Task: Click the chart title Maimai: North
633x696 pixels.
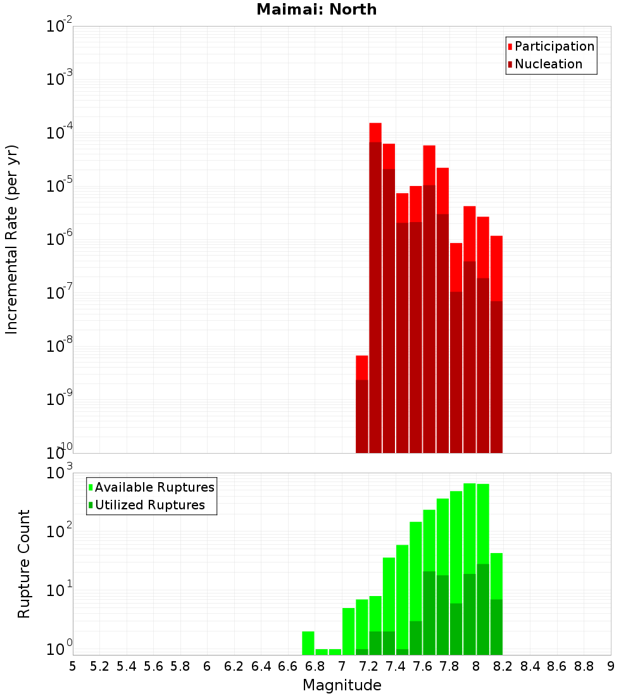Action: [x=316, y=9]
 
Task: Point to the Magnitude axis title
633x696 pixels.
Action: [x=342, y=685]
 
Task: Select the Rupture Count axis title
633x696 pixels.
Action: [x=23, y=564]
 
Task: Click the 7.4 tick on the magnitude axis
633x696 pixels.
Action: [x=396, y=666]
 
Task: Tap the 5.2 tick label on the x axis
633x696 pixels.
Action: [x=99, y=666]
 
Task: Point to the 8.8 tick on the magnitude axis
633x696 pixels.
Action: [x=584, y=666]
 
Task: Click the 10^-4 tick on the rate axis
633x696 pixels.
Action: [x=60, y=133]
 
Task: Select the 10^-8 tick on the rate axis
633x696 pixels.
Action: [x=60, y=346]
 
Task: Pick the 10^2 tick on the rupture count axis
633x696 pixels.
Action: [x=60, y=530]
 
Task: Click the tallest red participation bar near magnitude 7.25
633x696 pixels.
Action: [x=375, y=133]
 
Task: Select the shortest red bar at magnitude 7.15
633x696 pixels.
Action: [x=362, y=367]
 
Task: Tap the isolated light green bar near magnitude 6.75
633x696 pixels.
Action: [x=308, y=643]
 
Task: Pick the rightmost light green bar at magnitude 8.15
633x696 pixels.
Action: [x=496, y=576]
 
